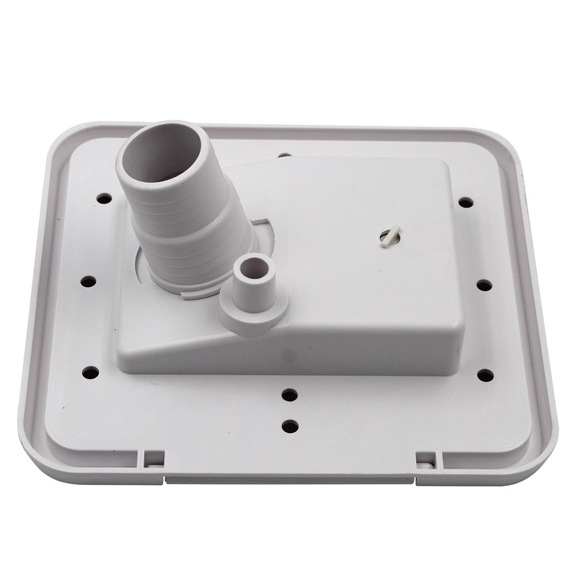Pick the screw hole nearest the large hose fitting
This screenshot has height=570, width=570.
pyautogui.click(x=104, y=198)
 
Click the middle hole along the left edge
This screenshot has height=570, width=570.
pyautogui.click(x=88, y=282)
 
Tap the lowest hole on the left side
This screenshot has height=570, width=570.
pyautogui.click(x=90, y=372)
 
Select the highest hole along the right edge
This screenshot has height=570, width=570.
pyautogui.click(x=465, y=203)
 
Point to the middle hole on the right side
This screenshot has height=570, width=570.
pyautogui.click(x=484, y=285)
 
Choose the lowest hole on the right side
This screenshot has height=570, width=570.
pyautogui.click(x=485, y=375)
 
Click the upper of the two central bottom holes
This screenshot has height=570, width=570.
pyautogui.click(x=289, y=395)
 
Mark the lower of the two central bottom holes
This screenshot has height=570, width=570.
pyautogui.click(x=290, y=427)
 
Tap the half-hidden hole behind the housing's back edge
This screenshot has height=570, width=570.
pyautogui.click(x=284, y=155)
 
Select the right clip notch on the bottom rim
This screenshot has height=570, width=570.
pyautogui.click(x=426, y=460)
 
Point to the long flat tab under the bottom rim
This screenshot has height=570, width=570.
pyautogui.click(x=289, y=479)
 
